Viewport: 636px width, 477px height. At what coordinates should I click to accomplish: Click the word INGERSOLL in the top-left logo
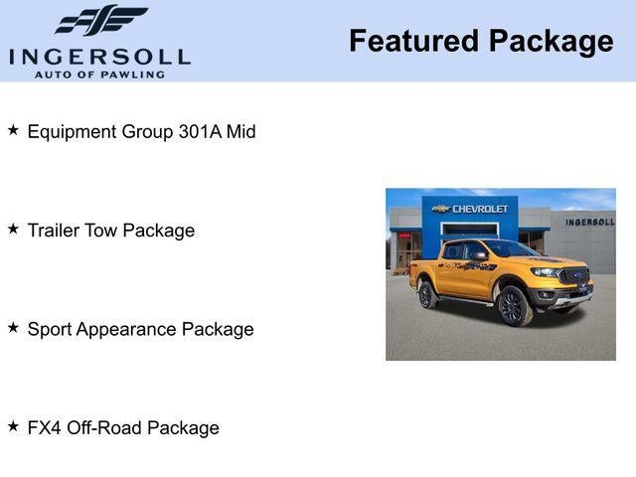(x=99, y=56)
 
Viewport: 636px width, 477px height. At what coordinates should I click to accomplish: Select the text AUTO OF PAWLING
(x=99, y=75)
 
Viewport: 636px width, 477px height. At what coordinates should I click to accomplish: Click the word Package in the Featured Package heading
(x=551, y=41)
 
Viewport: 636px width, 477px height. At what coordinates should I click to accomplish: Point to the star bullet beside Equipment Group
(x=13, y=129)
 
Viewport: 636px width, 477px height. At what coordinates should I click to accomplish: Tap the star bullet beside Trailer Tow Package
(x=13, y=229)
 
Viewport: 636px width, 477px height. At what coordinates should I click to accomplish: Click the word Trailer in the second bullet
(x=55, y=231)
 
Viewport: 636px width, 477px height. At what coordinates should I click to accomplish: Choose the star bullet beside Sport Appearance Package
(x=13, y=327)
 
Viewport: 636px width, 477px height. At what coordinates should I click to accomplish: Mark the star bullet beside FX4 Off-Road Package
(x=13, y=425)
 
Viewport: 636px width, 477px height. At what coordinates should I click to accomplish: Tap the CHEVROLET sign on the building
(x=480, y=209)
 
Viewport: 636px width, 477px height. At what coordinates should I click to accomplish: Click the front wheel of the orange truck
(x=513, y=306)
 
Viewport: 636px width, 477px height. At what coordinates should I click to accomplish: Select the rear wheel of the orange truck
(x=427, y=295)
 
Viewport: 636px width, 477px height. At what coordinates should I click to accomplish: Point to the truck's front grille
(x=573, y=276)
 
